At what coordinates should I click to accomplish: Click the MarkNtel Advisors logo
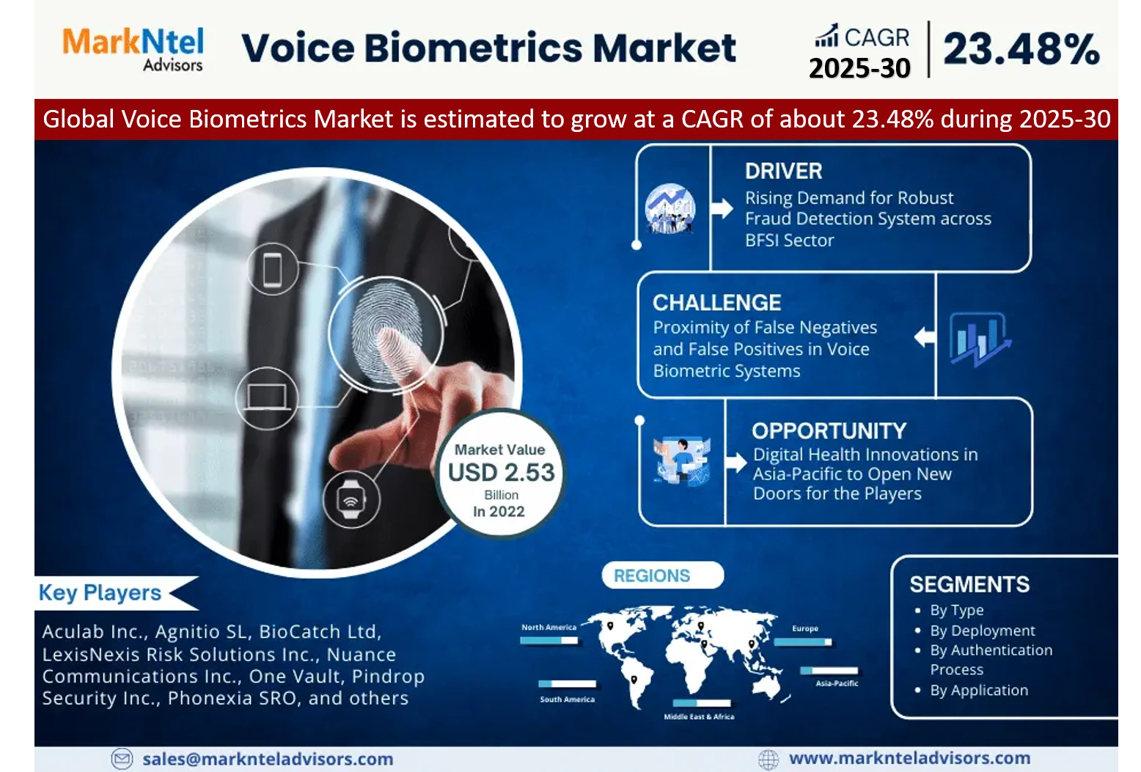coord(133,49)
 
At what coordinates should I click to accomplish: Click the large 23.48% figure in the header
coord(1021,49)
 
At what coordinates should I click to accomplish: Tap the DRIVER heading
coord(783,171)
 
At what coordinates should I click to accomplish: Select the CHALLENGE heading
coord(716,303)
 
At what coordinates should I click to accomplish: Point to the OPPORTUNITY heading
coord(829,431)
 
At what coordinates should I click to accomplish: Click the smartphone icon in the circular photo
coord(272,269)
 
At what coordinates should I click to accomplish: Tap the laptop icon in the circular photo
coord(266,397)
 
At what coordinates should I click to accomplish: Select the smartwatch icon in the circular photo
coord(351,499)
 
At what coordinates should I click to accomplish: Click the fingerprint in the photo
coord(386,334)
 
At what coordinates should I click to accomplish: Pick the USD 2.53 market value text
coord(502,473)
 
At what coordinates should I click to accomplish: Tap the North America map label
coord(549,628)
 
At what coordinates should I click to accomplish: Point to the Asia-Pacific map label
coord(837,683)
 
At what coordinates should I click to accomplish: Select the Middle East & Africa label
coord(699,716)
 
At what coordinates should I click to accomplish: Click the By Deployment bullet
coord(982,631)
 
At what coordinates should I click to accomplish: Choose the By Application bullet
coord(978,691)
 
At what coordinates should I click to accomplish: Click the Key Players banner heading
coord(100,593)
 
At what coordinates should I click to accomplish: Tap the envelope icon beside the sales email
coord(122,759)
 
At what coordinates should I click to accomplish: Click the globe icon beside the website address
coord(768,760)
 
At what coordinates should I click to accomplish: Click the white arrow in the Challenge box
coord(925,337)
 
